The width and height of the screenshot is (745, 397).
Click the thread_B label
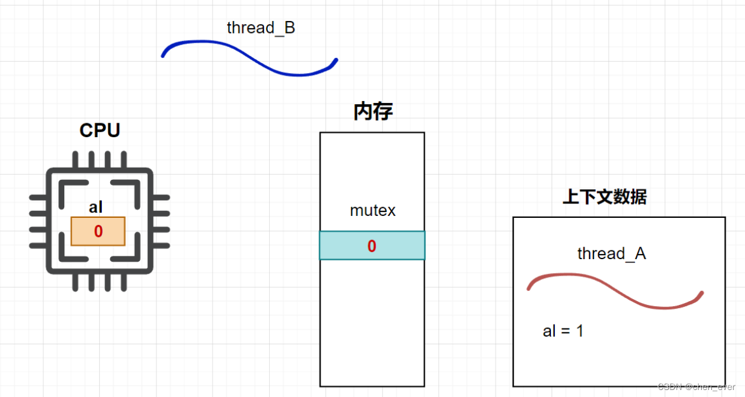pyautogui.click(x=261, y=28)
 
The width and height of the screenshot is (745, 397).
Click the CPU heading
pyautogui.click(x=100, y=131)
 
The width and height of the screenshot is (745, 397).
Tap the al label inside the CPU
pyautogui.click(x=96, y=207)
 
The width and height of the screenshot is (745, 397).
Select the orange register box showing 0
pyautogui.click(x=98, y=231)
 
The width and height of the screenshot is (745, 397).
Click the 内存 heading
pyautogui.click(x=373, y=112)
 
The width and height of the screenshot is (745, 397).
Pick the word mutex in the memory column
pyautogui.click(x=373, y=211)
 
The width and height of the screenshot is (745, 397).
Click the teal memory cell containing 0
pyautogui.click(x=372, y=246)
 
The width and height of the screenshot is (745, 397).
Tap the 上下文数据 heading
pyautogui.click(x=604, y=197)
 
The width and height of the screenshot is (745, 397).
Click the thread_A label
pyautogui.click(x=611, y=253)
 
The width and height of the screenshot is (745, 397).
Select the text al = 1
pyautogui.click(x=563, y=331)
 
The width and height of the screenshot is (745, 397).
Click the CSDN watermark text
pyautogui.click(x=696, y=387)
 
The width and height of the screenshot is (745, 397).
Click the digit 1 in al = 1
pyautogui.click(x=580, y=331)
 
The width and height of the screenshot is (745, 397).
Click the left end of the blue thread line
pyautogui.click(x=164, y=55)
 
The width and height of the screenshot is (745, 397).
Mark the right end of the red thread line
pyautogui.click(x=701, y=293)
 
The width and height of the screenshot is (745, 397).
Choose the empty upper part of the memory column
pyautogui.click(x=372, y=165)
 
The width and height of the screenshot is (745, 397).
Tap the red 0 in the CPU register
pyautogui.click(x=98, y=232)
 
